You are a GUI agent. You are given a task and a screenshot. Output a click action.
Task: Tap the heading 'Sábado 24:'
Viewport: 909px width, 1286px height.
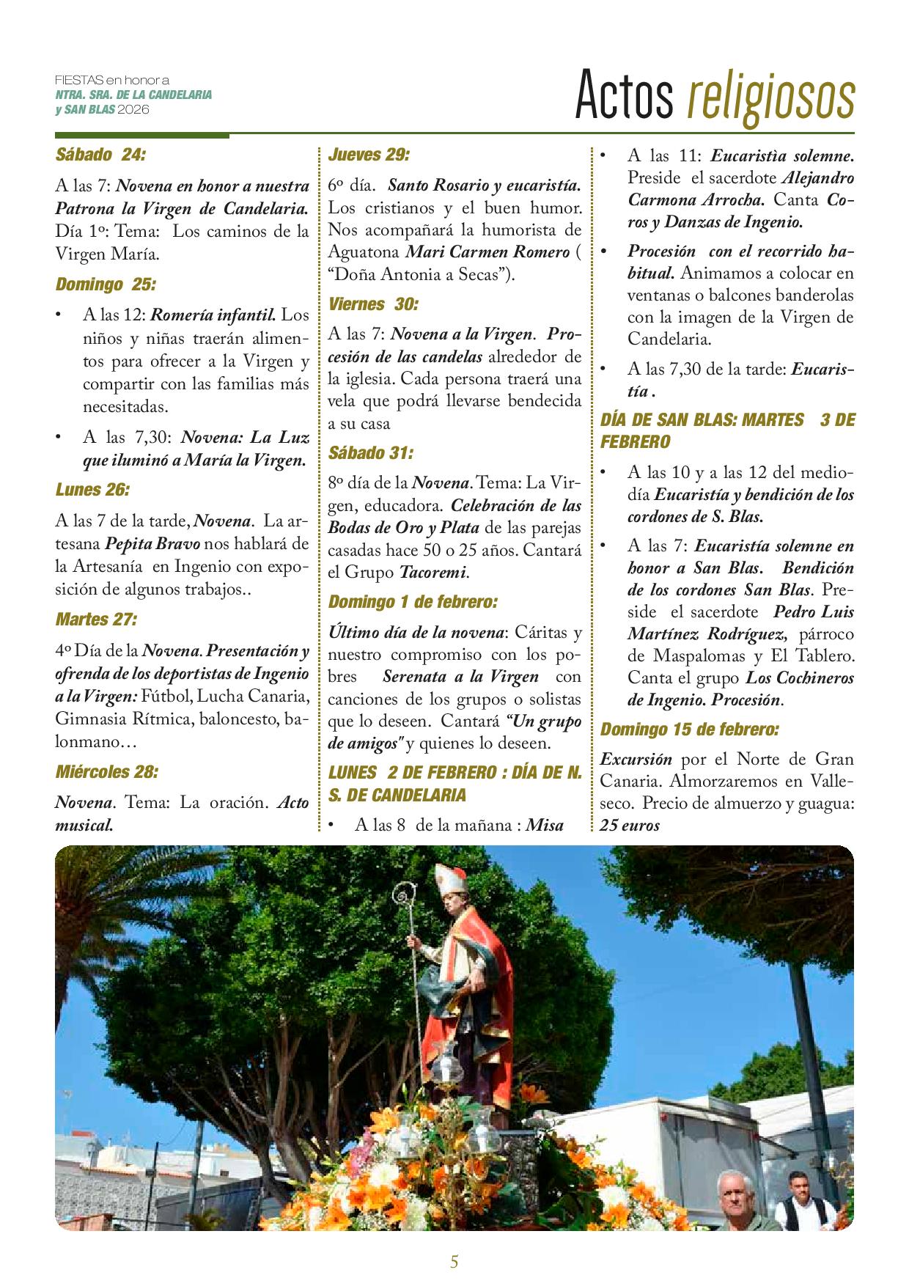point(100,155)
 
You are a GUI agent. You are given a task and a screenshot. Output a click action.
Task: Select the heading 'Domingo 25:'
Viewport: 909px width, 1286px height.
point(106,284)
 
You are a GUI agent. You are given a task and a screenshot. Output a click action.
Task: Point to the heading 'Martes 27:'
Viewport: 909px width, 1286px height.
point(95,620)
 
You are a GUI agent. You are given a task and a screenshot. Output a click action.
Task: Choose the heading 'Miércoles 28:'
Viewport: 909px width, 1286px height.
point(106,771)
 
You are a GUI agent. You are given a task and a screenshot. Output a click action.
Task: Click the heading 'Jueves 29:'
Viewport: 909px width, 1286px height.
point(368,155)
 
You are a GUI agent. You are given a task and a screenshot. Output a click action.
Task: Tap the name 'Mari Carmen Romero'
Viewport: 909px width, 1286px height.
point(487,252)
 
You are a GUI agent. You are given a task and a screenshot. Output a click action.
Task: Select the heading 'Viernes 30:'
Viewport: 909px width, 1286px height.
point(373,304)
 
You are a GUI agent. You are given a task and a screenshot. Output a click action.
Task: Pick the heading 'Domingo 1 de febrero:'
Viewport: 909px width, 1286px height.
point(413,602)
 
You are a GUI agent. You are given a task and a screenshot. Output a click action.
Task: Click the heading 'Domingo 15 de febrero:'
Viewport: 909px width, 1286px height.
point(689,730)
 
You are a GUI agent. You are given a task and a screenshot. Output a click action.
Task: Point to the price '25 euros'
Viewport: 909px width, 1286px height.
point(630,826)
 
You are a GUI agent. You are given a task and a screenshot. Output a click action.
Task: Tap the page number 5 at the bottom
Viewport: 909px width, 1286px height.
point(454,1262)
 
